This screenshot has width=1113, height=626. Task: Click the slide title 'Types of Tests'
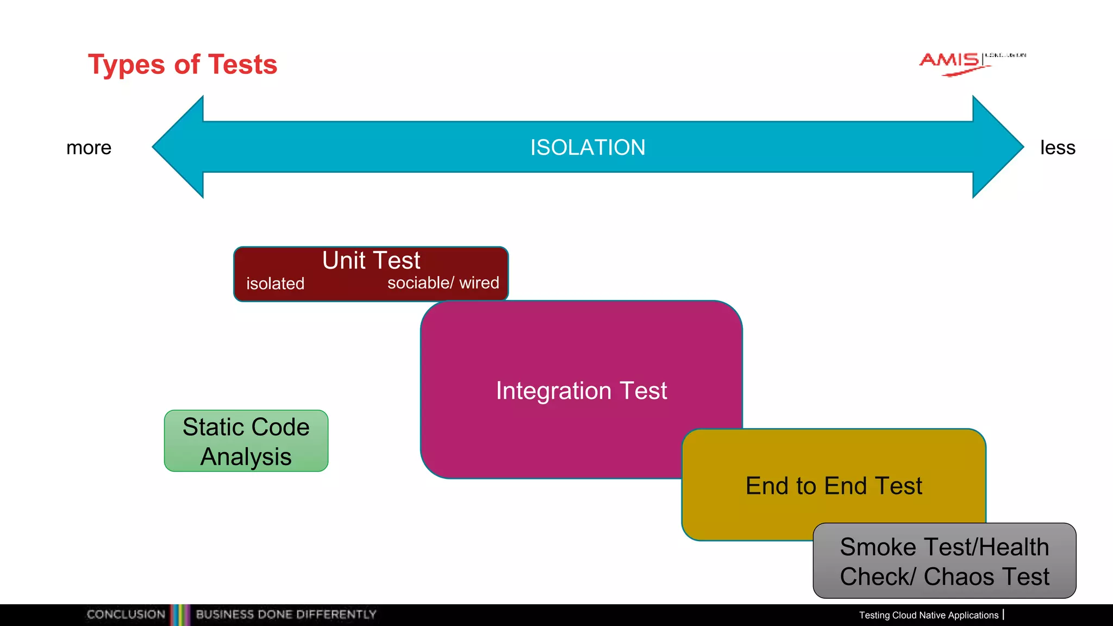183,65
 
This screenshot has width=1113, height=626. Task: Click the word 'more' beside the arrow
89,148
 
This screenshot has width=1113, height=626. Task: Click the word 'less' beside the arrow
1057,148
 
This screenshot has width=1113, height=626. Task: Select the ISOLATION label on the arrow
587,147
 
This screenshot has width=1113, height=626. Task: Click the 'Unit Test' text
371,260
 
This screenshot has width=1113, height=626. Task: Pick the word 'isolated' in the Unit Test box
275,284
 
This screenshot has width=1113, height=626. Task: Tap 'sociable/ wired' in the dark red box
443,283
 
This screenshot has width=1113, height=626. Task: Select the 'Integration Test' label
581,391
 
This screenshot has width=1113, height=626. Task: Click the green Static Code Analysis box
246,441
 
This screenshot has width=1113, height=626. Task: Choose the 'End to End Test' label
834,486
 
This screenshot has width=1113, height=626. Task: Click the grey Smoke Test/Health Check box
944,561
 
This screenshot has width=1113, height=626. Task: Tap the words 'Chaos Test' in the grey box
986,577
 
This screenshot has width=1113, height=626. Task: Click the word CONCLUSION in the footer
126,615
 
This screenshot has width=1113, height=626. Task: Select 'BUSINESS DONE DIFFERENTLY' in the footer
286,615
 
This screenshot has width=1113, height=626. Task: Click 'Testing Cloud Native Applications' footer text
928,615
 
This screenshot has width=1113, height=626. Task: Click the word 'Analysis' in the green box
246,456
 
